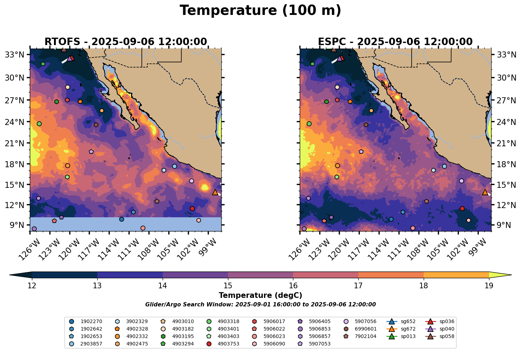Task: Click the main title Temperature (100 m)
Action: point(260,11)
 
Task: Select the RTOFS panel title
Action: point(125,42)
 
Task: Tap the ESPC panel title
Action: point(395,42)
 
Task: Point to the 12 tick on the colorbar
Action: point(32,286)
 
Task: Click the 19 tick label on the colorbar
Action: point(489,286)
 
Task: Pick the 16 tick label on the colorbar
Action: point(293,286)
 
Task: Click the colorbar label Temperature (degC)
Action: point(260,295)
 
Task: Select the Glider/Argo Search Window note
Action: point(260,305)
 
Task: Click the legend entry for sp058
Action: point(446,337)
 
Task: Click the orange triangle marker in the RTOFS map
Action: point(215,192)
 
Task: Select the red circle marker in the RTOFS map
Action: point(192,208)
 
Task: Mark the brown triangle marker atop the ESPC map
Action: point(334,49)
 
